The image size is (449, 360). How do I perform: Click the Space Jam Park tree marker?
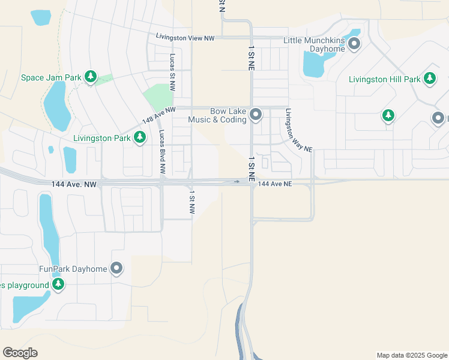[91, 77]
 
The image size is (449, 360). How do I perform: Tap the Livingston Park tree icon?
[140, 137]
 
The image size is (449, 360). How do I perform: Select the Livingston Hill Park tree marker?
[429, 78]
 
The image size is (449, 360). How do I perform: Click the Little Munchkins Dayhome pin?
[354, 43]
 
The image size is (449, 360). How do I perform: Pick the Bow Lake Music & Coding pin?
[256, 114]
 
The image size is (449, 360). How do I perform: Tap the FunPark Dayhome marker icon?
[117, 268]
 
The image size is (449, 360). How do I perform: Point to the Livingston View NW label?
[185, 37]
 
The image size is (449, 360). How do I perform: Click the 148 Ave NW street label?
[158, 114]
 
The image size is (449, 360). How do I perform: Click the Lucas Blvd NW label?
[162, 154]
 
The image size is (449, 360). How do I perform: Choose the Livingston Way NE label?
[299, 130]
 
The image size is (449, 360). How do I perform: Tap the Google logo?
[20, 353]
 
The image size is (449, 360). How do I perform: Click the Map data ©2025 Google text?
[411, 355]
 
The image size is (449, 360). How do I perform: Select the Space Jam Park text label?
[50, 77]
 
